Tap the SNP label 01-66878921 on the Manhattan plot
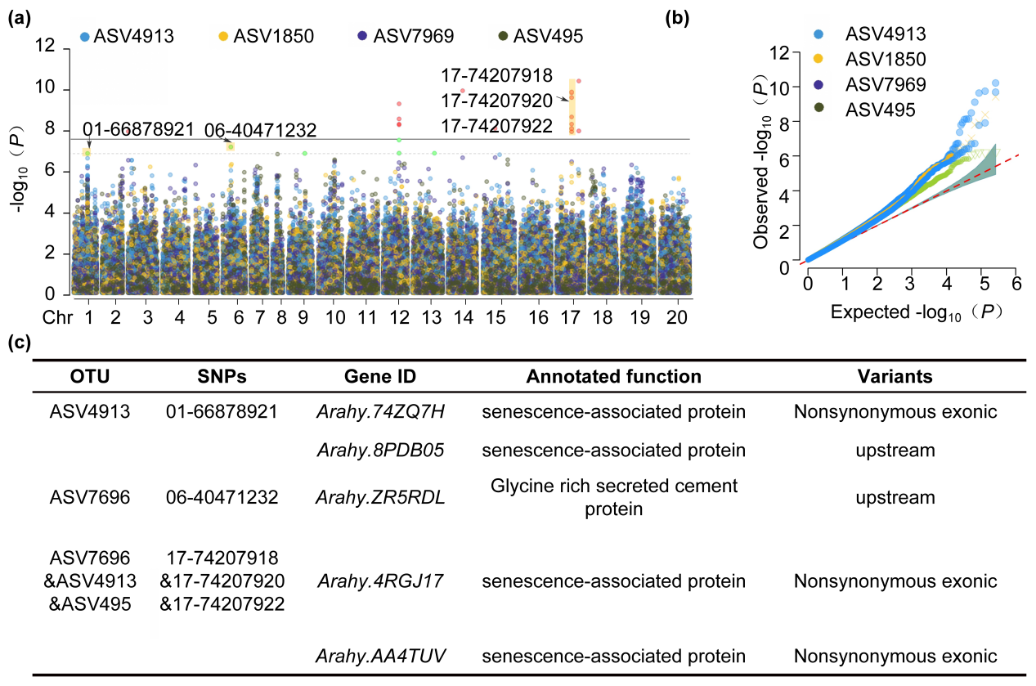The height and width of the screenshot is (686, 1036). tap(138, 129)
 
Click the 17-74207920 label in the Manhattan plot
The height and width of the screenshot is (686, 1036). tap(497, 101)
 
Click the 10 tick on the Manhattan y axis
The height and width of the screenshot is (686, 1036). tap(59, 89)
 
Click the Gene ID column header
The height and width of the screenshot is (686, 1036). tap(380, 377)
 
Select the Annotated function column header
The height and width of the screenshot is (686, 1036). tap(613, 377)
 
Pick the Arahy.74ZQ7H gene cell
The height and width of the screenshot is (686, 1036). tap(380, 412)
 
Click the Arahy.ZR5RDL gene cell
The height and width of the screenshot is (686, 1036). tap(380, 497)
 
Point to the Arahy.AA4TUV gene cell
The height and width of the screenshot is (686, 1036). tap(380, 656)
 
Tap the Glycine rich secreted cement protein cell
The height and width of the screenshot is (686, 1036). tap(613, 497)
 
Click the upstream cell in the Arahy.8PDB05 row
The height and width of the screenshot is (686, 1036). tap(895, 451)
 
